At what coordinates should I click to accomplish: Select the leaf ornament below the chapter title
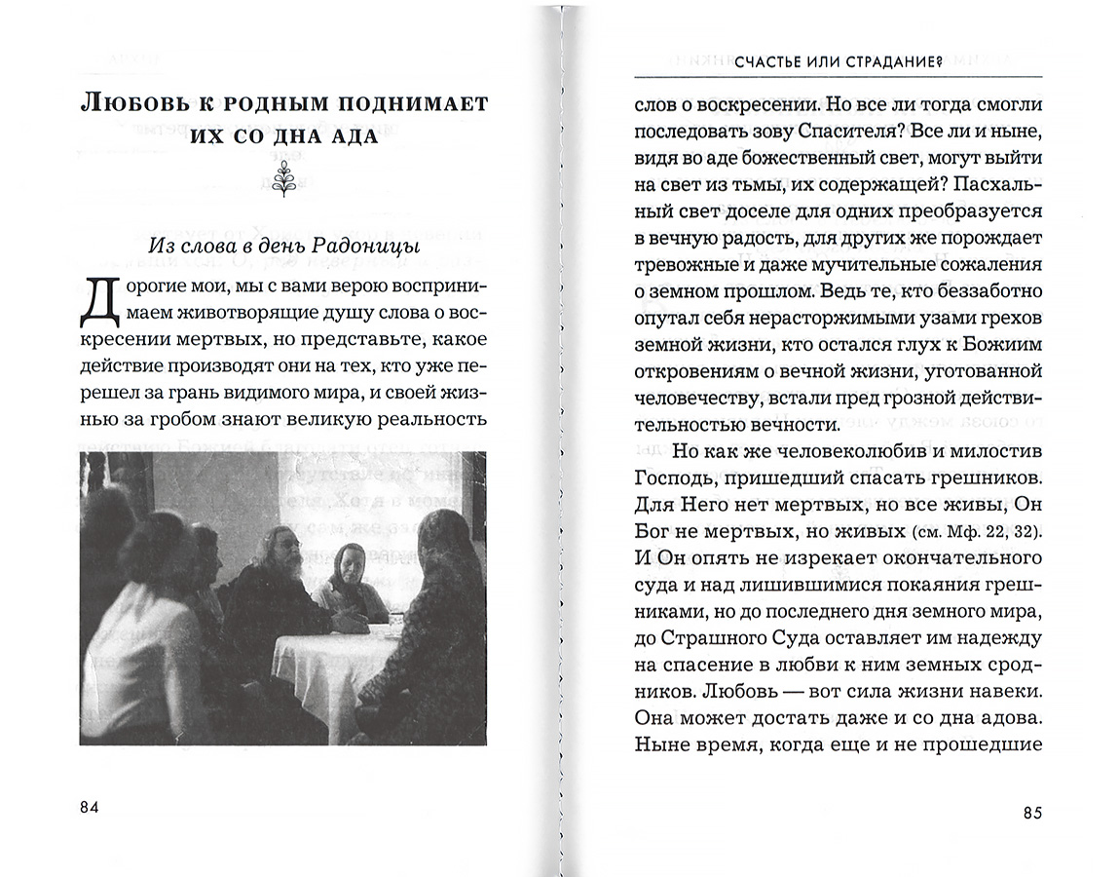tap(284, 179)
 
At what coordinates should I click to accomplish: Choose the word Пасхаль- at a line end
tap(998, 184)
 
